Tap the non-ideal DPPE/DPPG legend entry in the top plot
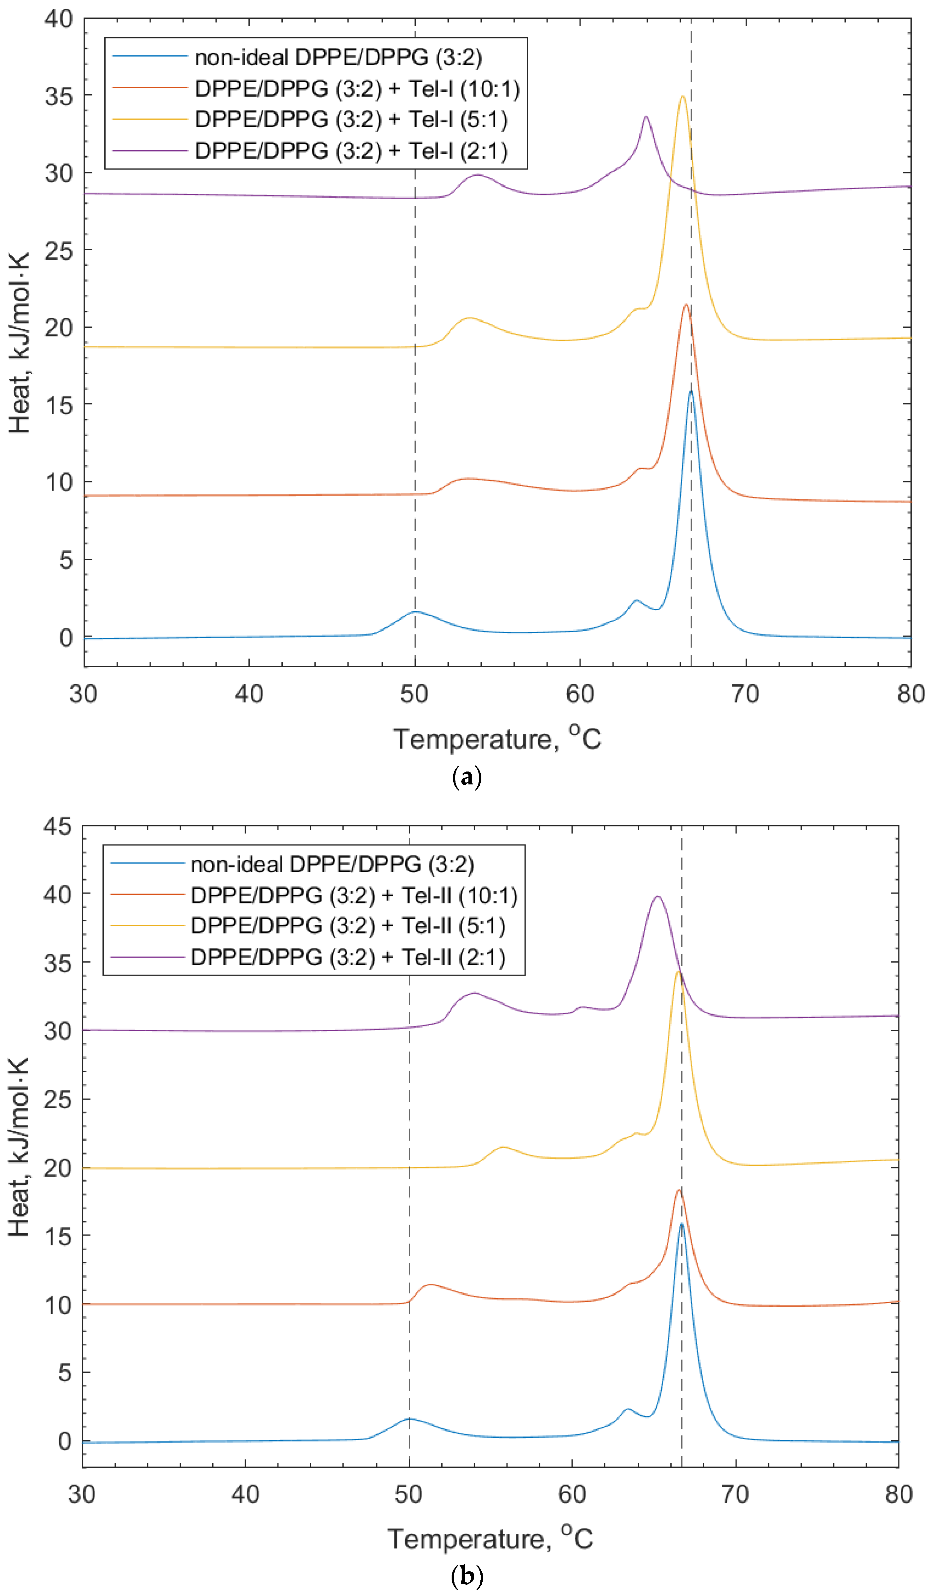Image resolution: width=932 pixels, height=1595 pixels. point(338,57)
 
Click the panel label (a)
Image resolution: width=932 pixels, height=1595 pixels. point(467,777)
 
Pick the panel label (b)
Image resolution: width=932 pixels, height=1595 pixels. point(467,1576)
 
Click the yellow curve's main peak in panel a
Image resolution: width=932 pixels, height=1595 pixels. point(682,97)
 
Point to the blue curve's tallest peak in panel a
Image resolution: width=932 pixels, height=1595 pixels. point(691,392)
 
